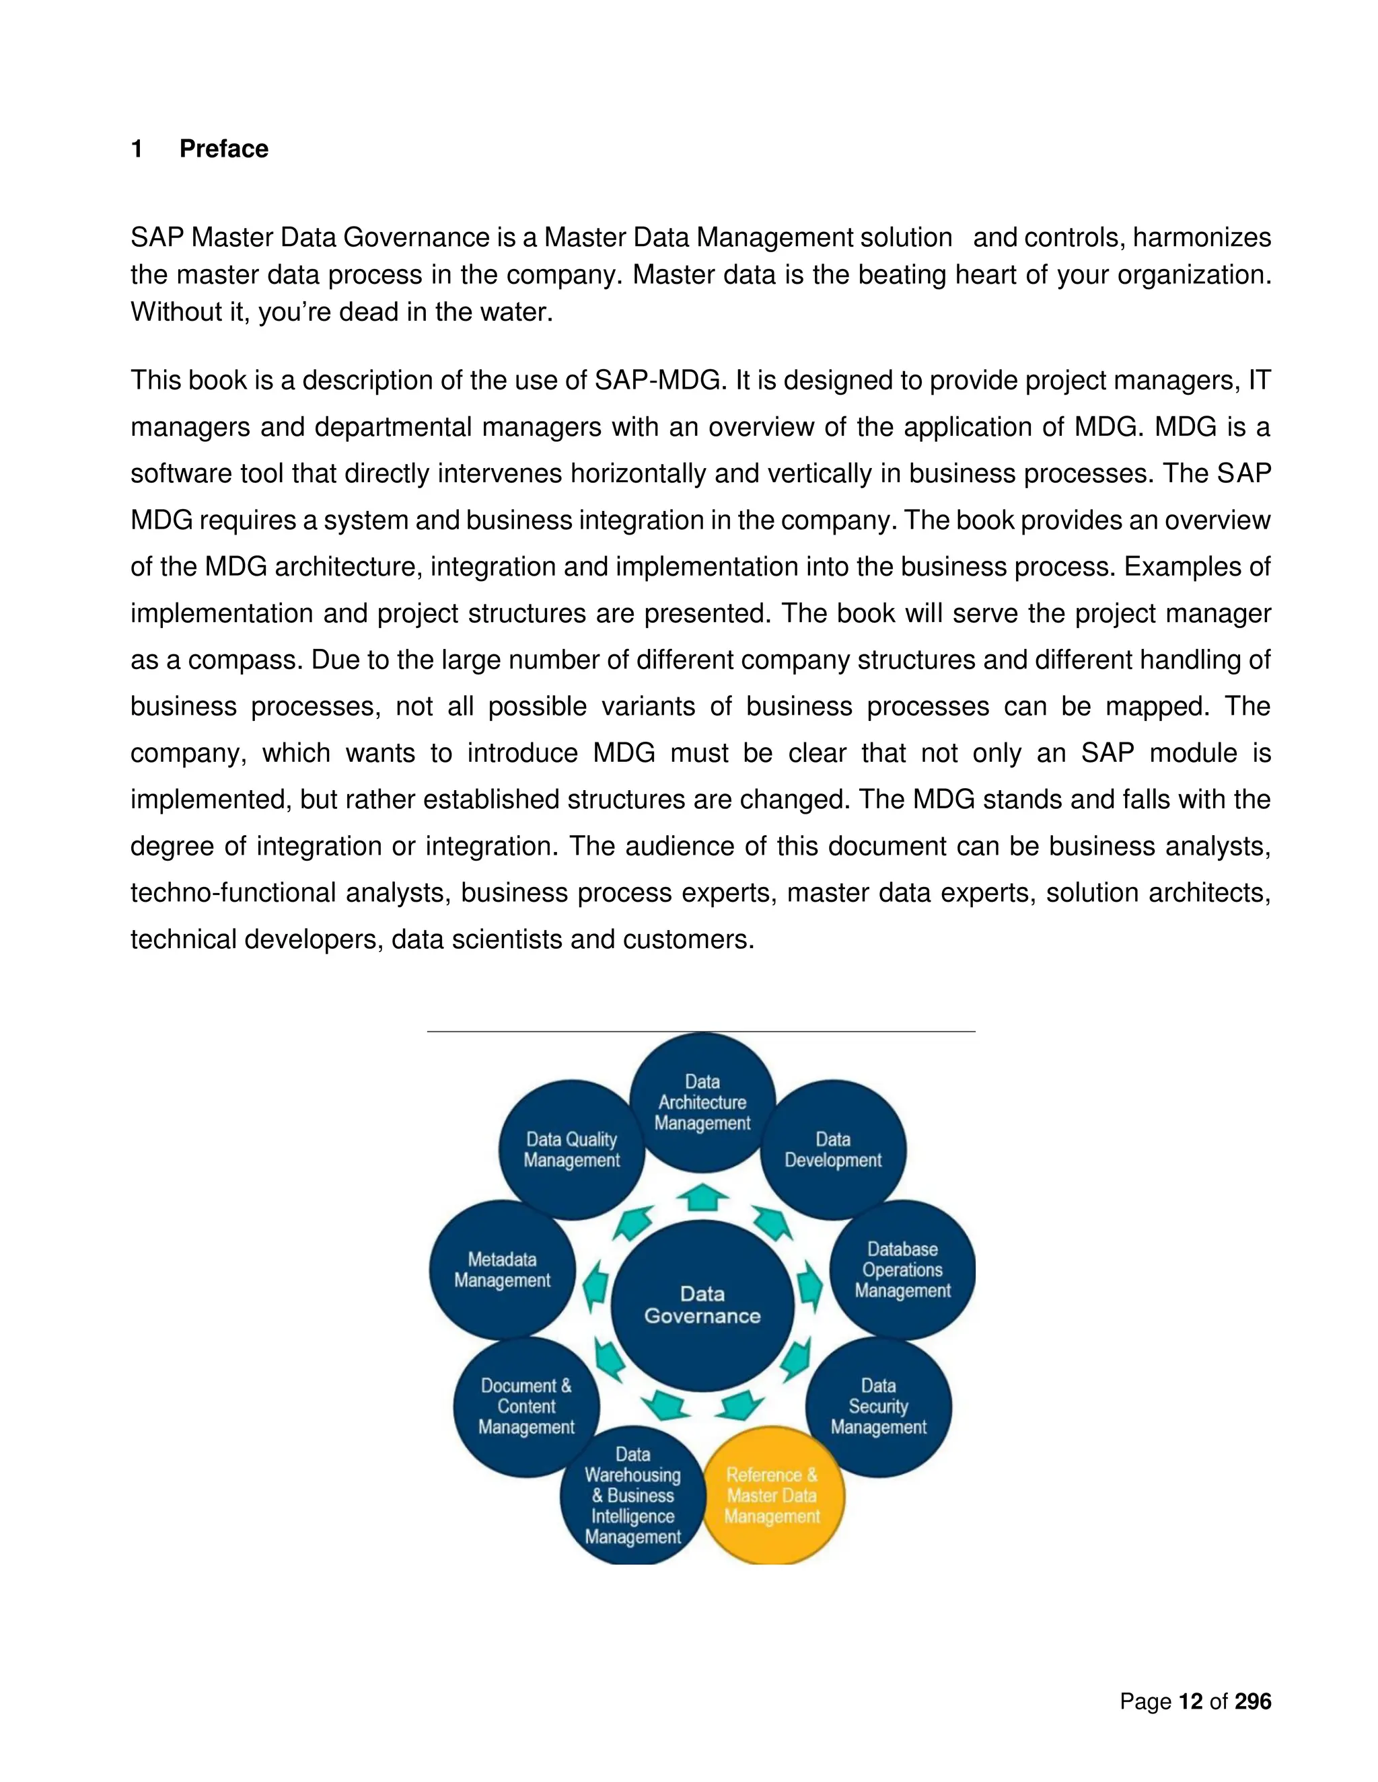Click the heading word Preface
click(223, 149)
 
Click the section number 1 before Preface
click(137, 149)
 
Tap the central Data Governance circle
click(702, 1305)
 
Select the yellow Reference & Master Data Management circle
click(772, 1496)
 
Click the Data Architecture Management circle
click(702, 1102)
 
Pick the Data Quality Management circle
click(571, 1150)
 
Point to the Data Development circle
click(833, 1150)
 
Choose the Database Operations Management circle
click(902, 1270)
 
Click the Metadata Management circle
click(502, 1270)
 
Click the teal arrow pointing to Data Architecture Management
click(702, 1198)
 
